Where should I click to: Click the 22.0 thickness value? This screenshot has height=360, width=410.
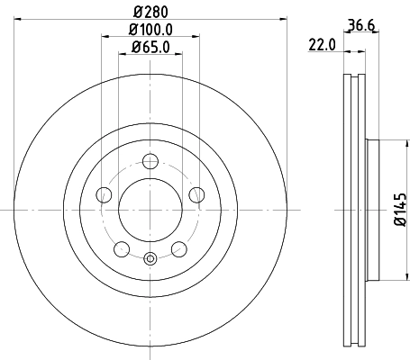click(321, 42)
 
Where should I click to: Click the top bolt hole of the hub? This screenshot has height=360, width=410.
click(150, 163)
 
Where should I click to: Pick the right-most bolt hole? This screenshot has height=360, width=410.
click(196, 195)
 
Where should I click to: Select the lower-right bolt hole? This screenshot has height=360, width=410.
click(178, 249)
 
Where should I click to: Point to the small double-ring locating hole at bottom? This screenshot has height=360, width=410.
click(150, 261)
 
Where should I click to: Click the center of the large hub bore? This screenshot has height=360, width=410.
click(150, 210)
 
